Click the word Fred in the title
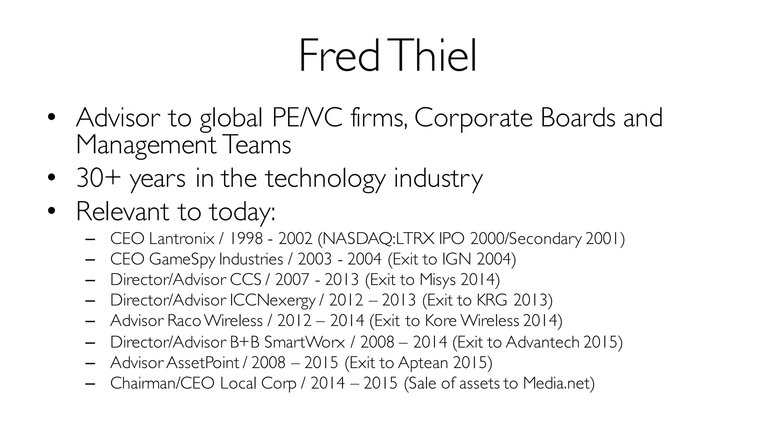click(x=339, y=56)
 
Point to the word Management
click(x=146, y=145)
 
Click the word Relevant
click(x=122, y=211)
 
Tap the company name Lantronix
click(x=181, y=239)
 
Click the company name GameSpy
click(x=182, y=259)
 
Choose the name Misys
click(x=437, y=280)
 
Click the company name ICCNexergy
click(x=272, y=300)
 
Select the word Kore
click(x=441, y=321)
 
